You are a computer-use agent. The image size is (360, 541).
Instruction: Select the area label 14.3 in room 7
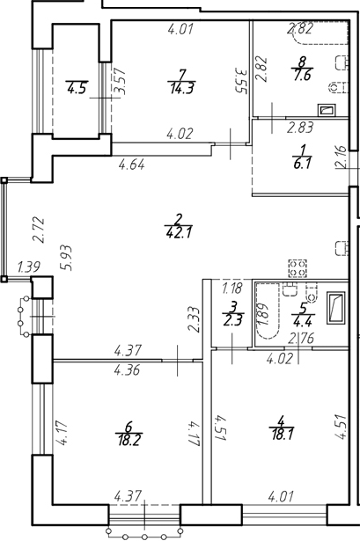(x=181, y=89)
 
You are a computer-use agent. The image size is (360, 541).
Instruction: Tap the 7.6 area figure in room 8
(x=302, y=75)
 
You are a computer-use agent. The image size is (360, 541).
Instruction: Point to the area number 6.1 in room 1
(x=302, y=163)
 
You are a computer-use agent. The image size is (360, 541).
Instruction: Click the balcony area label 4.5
(x=77, y=88)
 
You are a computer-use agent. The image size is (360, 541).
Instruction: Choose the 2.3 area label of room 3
(x=233, y=320)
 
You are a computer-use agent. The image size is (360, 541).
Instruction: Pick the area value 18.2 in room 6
(x=129, y=440)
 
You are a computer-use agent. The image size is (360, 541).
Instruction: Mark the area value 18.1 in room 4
(x=283, y=435)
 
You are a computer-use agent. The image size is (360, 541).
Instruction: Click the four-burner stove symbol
(x=298, y=268)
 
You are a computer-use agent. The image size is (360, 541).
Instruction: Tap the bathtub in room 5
(x=267, y=311)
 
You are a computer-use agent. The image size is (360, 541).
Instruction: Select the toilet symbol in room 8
(x=337, y=88)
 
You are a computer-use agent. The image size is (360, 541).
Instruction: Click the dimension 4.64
(x=131, y=164)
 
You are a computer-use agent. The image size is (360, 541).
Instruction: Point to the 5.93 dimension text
(x=66, y=258)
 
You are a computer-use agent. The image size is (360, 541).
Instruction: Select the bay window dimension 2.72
(x=38, y=230)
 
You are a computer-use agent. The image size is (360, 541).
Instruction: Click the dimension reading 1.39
(x=29, y=267)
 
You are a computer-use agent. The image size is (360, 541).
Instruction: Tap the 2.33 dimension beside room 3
(x=194, y=319)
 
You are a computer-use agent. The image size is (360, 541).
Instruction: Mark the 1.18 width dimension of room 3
(x=232, y=288)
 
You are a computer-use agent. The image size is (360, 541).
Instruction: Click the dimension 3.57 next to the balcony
(x=120, y=82)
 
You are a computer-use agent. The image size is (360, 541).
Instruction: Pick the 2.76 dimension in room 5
(x=301, y=339)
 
